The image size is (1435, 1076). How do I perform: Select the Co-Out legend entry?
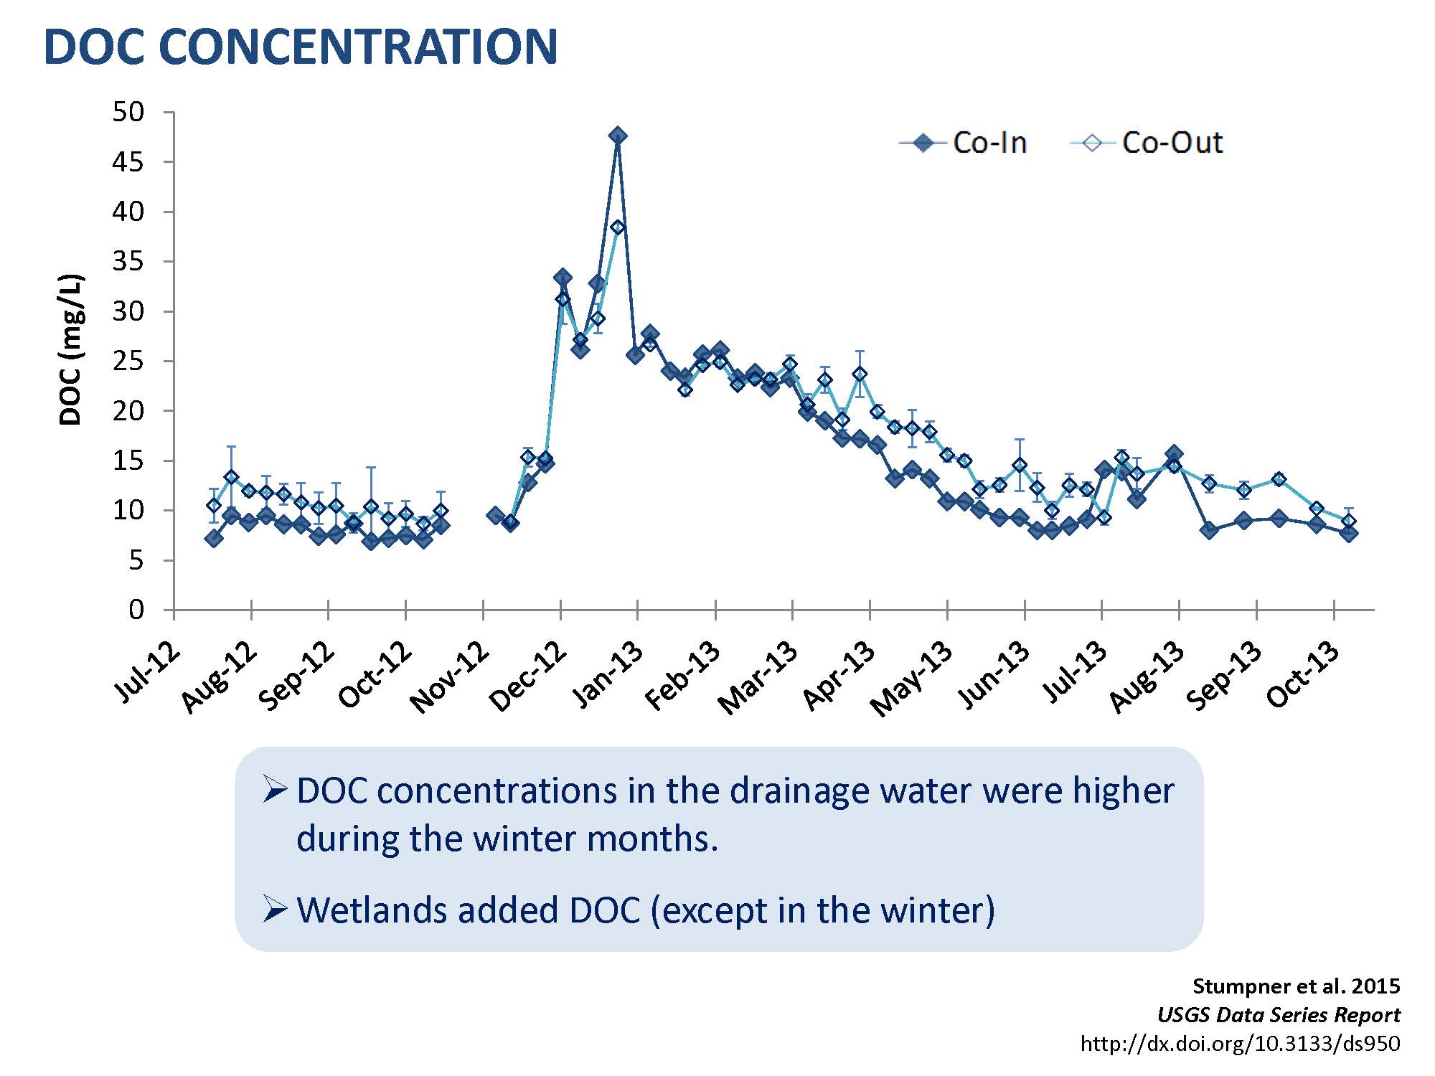tap(1147, 143)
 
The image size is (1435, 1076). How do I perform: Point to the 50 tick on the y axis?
tap(128, 112)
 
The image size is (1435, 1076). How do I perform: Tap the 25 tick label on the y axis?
tap(128, 361)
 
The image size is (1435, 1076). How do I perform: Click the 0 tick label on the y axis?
tap(136, 610)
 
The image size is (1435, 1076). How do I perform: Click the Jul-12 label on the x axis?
tap(148, 671)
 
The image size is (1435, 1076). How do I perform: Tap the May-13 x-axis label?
tap(912, 679)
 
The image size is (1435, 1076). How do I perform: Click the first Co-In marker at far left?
tap(213, 538)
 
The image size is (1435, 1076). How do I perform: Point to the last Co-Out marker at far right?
tap(1348, 522)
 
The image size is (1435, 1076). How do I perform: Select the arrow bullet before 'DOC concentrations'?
tap(275, 790)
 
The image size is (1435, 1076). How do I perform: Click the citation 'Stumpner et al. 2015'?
tap(1296, 986)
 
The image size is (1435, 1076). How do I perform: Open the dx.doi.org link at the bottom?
tap(1240, 1044)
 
